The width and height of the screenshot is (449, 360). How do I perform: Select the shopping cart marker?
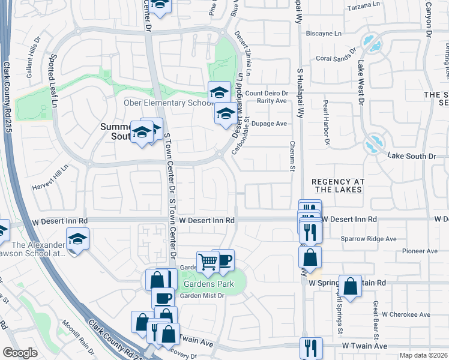point(208,261)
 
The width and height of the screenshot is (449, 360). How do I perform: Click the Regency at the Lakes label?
point(337,185)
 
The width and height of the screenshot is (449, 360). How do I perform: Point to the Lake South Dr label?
point(412,156)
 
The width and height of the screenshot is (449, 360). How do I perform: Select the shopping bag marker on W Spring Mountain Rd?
point(350,286)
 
